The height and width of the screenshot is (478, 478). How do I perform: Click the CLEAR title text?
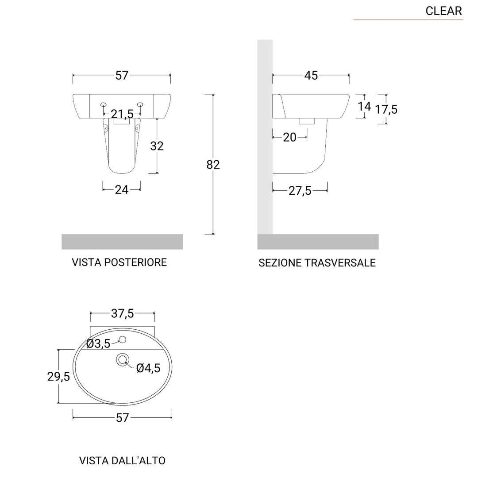(443, 11)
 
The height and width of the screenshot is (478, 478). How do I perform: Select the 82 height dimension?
(213, 165)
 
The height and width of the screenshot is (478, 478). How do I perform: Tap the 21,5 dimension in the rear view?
(122, 114)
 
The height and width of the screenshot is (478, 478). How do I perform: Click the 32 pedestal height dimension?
(157, 146)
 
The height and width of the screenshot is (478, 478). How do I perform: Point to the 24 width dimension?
(122, 189)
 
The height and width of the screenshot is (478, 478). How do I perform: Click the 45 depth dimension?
(311, 76)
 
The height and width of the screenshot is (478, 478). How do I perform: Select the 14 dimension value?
(364, 106)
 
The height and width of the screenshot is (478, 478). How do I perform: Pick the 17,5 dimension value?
(386, 109)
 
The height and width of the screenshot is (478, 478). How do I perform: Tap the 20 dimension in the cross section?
(289, 138)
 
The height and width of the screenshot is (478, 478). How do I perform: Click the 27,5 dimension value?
(300, 191)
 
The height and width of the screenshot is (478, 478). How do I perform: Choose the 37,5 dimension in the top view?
(122, 314)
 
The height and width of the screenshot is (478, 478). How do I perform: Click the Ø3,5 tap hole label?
(98, 343)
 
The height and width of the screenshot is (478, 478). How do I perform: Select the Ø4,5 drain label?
(148, 368)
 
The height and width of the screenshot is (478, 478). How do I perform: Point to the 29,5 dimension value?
(58, 376)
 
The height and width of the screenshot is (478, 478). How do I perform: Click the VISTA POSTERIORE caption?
(119, 262)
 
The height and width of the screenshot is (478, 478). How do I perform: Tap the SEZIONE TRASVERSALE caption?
(317, 263)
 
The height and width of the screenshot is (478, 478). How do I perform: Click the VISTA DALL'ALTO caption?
(122, 460)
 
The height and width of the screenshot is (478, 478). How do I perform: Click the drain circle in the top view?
(122, 359)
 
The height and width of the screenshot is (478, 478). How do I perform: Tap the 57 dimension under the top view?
(122, 417)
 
